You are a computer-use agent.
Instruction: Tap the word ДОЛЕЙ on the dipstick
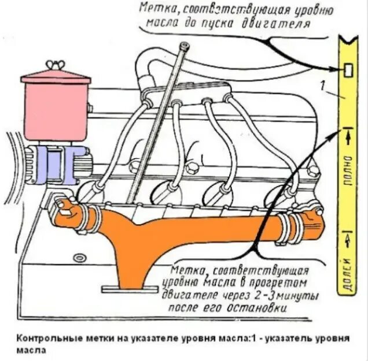click(x=348, y=271)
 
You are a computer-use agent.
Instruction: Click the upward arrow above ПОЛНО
click(x=348, y=137)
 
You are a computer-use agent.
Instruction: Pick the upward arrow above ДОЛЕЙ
click(x=348, y=237)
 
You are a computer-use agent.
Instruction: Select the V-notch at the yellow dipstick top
click(x=348, y=42)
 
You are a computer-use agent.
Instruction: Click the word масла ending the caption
click(x=29, y=349)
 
